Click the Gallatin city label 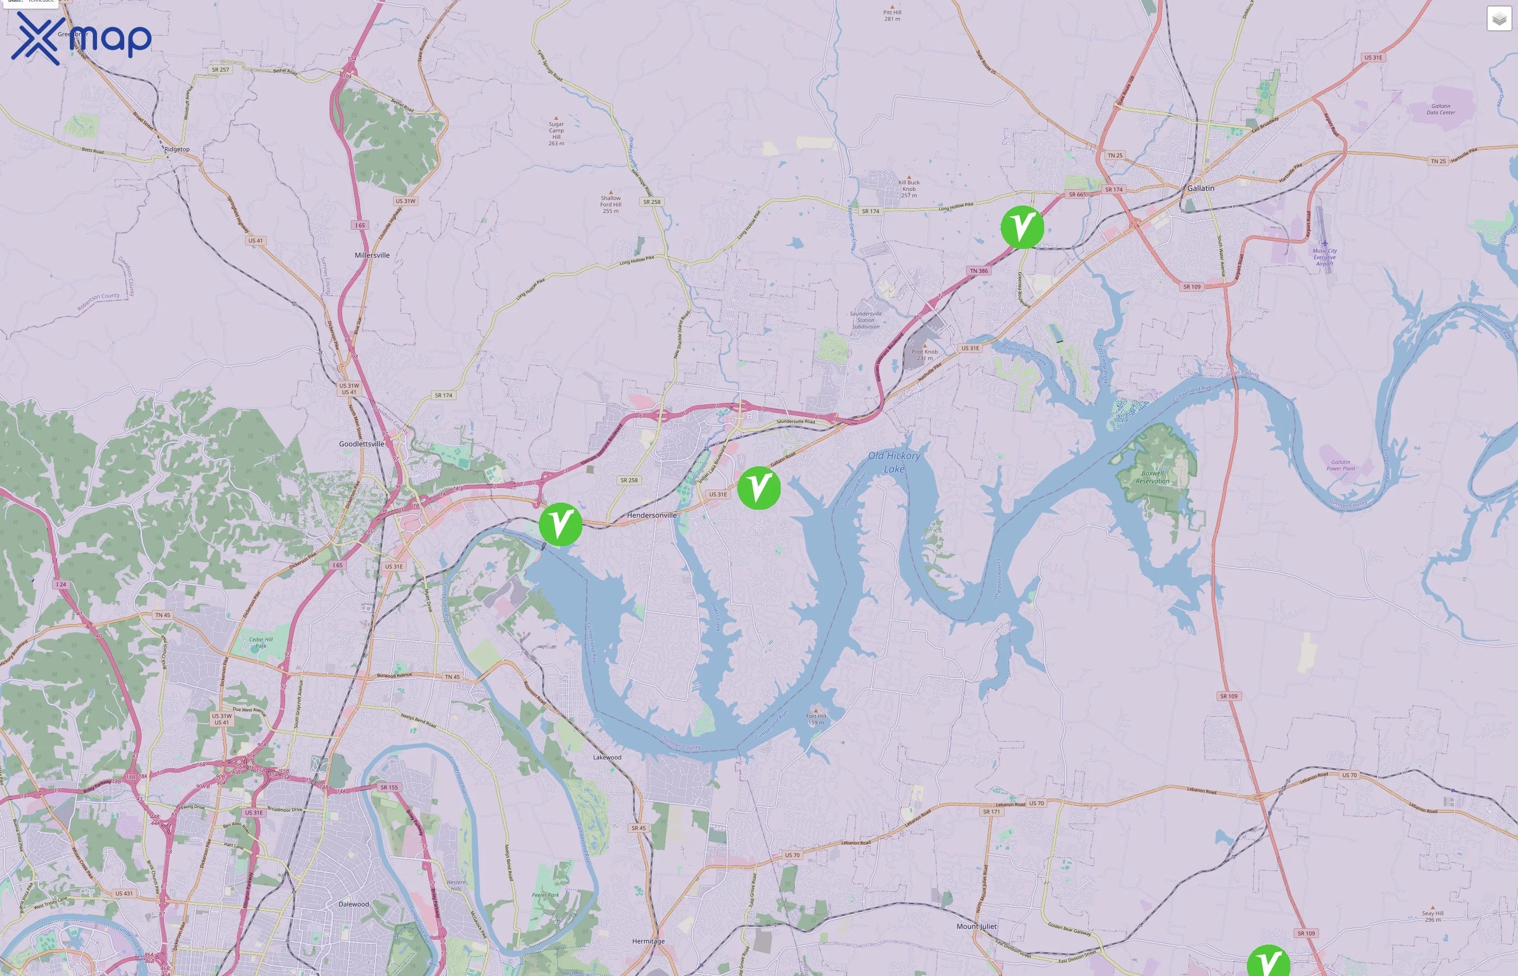click(x=1201, y=188)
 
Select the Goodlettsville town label click(x=361, y=444)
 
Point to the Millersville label click(x=372, y=255)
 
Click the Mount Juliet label click(x=976, y=926)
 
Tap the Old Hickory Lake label click(x=894, y=462)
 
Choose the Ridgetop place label click(x=177, y=150)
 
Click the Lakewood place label click(x=607, y=757)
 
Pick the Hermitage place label click(x=648, y=941)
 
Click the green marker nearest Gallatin click(x=1022, y=226)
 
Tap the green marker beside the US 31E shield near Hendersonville click(x=758, y=487)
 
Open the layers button click(x=1499, y=19)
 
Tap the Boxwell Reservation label click(x=1153, y=477)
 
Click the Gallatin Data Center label click(x=1440, y=109)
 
